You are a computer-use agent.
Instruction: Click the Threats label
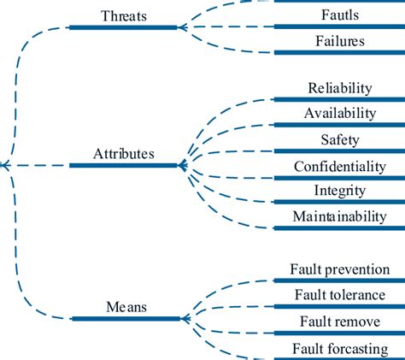[x=124, y=15]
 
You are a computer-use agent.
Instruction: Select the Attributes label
[x=124, y=154]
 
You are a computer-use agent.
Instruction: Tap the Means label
[x=125, y=306]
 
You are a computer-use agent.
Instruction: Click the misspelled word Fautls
[x=339, y=15]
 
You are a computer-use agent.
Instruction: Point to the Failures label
[x=339, y=41]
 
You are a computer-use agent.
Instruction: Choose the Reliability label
[x=339, y=88]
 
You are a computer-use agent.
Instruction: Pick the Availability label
[x=339, y=114]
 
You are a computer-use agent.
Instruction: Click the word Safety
[x=339, y=139]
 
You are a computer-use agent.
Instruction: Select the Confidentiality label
[x=339, y=165]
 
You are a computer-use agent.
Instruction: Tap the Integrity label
[x=339, y=191]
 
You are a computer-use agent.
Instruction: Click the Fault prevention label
[x=339, y=269]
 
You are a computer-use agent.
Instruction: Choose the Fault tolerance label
[x=339, y=295]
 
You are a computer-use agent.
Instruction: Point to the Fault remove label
[x=339, y=322]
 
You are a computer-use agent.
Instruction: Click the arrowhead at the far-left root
[x=4, y=165]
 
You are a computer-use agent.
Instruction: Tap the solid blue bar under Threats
[x=124, y=27]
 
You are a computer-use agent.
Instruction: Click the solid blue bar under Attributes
[x=124, y=165]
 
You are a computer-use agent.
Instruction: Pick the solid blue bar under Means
[x=126, y=318]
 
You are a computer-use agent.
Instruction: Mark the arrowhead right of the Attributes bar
[x=183, y=165]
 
